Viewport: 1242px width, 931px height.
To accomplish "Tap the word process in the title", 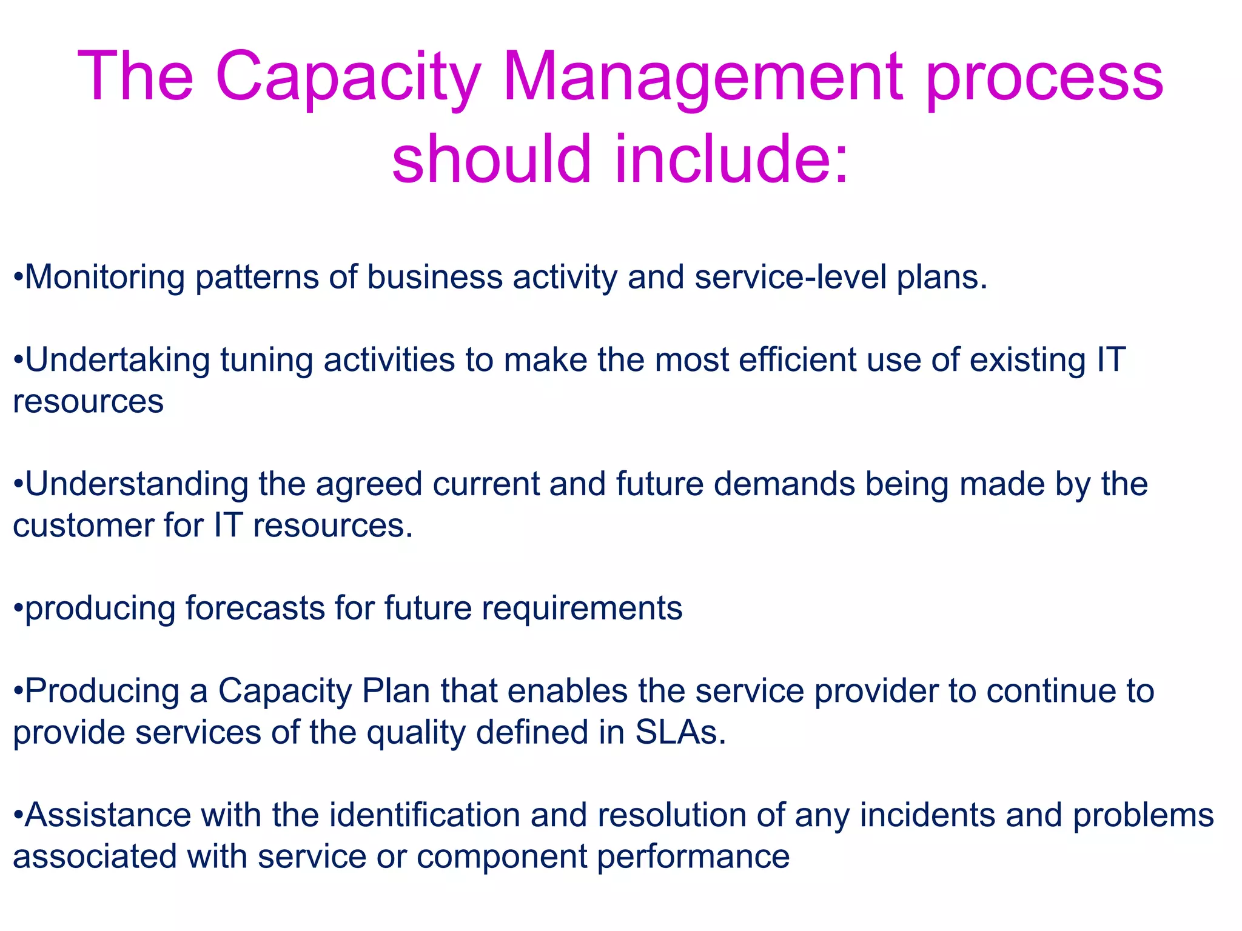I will tap(1044, 78).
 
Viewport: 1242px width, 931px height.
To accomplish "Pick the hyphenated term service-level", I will tap(790, 278).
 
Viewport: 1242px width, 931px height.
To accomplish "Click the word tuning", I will tap(266, 360).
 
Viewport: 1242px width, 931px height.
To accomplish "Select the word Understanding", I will tap(136, 484).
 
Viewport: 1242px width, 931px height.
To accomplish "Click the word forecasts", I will tap(255, 608).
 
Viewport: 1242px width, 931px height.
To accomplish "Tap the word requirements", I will tap(582, 608).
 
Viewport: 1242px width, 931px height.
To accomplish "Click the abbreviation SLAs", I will tap(680, 732).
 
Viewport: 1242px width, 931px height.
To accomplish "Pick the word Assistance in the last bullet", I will tap(108, 815).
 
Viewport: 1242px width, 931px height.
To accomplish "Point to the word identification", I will tap(425, 815).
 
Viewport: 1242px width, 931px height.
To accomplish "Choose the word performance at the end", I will tap(693, 856).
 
